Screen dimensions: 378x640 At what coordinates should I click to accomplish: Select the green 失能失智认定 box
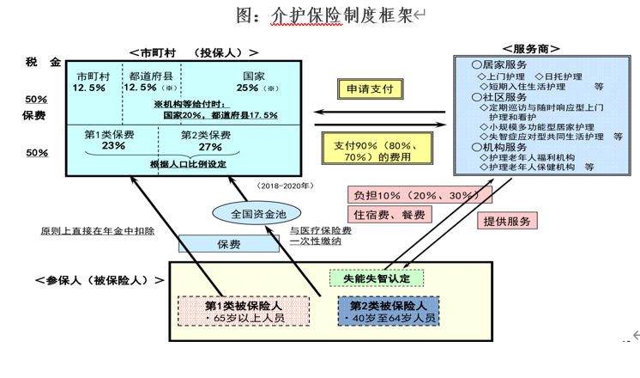(x=377, y=278)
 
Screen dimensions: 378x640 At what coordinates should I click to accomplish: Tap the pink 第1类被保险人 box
(x=244, y=311)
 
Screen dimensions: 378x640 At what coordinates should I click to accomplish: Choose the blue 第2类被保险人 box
(x=389, y=311)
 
